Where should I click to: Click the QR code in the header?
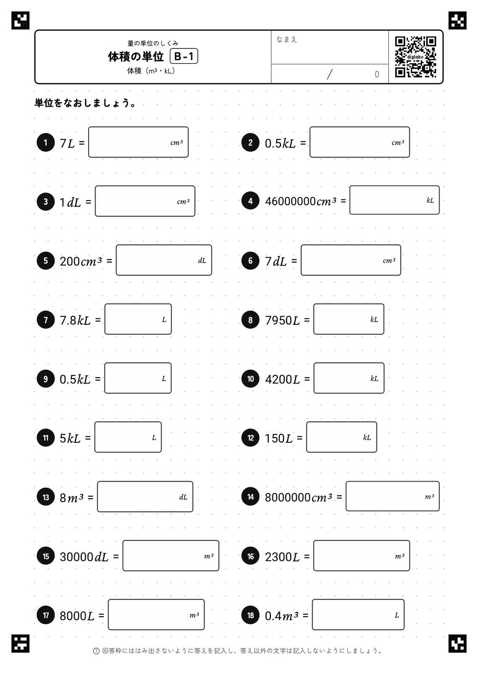416,57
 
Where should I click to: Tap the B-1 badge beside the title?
184,56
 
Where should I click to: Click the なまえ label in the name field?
286,39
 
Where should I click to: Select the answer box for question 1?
138,142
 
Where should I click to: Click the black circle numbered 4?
250,201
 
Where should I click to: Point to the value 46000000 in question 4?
290,201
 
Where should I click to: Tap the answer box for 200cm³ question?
164,260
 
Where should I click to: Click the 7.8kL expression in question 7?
75,320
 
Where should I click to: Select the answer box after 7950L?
349,319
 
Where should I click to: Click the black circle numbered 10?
250,379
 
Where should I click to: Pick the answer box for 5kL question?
128,437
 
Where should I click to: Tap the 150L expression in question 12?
279,438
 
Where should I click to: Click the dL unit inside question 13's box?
183,497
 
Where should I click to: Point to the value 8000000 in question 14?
288,497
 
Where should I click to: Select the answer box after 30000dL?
171,555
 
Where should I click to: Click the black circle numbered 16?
250,556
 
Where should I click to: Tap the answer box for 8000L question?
156,614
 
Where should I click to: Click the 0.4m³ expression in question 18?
282,616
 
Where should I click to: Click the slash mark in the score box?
330,74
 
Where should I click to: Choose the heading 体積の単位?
136,56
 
